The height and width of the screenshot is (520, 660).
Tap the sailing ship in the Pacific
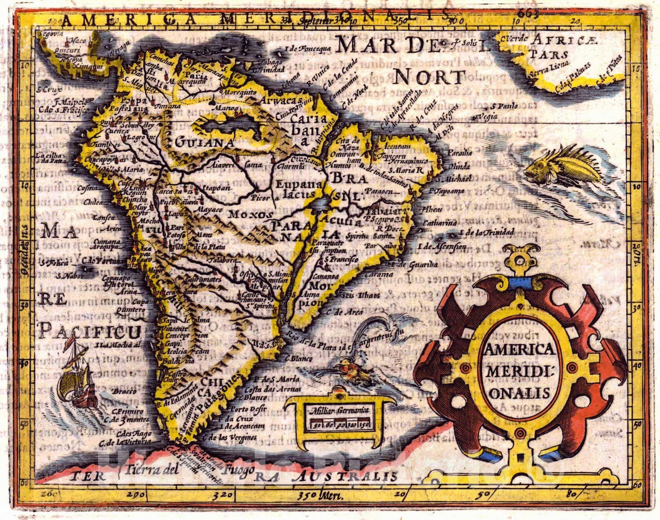76,376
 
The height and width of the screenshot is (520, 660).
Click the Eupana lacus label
296,189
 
